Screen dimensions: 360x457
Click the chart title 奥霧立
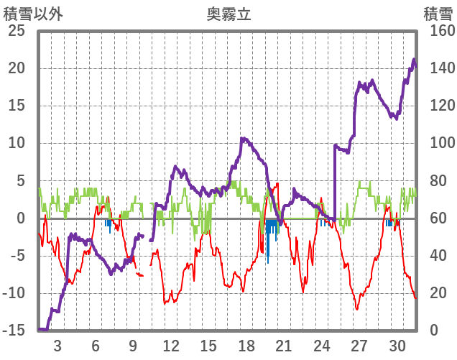pos(228,14)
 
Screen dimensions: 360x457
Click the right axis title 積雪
pos(437,14)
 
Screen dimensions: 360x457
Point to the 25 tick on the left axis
pos(15,32)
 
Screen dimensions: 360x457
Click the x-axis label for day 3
pos(57,345)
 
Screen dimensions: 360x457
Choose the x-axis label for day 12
pos(171,345)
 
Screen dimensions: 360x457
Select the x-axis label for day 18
pos(246,345)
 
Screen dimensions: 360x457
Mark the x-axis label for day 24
pos(322,345)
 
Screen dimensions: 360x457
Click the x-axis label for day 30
pos(397,345)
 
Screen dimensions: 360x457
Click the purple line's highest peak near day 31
pos(414,60)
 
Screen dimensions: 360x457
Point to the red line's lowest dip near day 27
pos(356,309)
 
